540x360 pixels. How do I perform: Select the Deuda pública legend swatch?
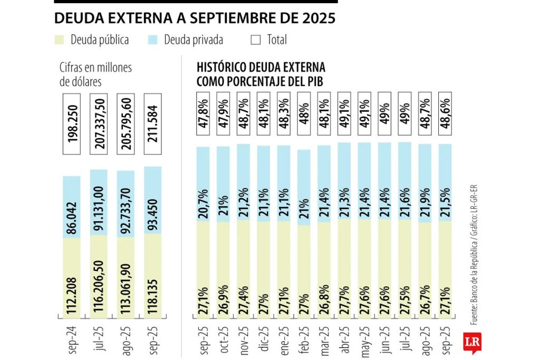tap(60, 40)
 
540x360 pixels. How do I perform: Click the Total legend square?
tap(256, 40)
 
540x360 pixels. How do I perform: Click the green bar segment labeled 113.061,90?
tap(127, 278)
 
